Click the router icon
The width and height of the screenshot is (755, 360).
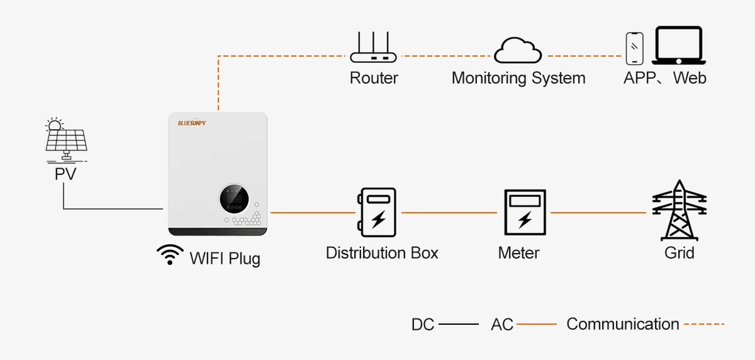tap(374, 50)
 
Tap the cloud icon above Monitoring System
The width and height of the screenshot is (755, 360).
tap(518, 50)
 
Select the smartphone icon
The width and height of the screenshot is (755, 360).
tap(634, 48)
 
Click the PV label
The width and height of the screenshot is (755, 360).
tap(65, 174)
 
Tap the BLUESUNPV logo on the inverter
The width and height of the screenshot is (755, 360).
tap(192, 123)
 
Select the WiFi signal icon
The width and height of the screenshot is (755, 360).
tap(170, 254)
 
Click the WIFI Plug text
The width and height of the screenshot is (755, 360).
tap(225, 258)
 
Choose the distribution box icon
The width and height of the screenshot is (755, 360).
tap(377, 212)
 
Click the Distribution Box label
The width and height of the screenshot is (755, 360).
tap(382, 253)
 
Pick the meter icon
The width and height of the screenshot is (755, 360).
tap(524, 213)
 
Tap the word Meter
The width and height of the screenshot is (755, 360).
tap(518, 253)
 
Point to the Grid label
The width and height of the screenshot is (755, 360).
tap(679, 253)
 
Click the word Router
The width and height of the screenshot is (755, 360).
tap(374, 78)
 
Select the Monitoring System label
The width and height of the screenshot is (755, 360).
tap(518, 78)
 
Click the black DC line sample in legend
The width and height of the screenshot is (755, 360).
tap(458, 324)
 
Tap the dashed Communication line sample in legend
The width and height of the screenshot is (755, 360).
tap(703, 324)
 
